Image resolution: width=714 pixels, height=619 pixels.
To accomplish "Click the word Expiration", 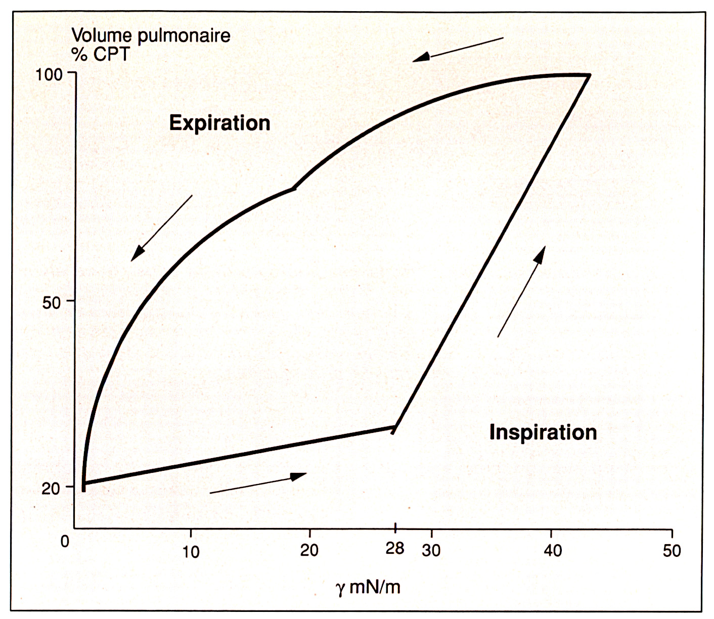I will (x=219, y=123).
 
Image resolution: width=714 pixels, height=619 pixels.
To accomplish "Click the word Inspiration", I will (x=543, y=432).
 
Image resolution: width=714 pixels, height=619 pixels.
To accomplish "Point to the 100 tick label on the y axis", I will (x=49, y=74).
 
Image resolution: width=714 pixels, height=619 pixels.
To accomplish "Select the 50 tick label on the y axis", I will (x=52, y=302).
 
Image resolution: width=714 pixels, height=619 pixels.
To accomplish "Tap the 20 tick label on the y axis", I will (x=51, y=489).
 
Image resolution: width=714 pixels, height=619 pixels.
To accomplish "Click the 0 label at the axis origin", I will (x=65, y=542).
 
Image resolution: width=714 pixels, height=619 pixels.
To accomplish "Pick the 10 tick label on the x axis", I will (x=191, y=551).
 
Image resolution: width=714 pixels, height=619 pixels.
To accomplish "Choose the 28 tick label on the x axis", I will (x=395, y=548).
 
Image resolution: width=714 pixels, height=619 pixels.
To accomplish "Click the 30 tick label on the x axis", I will (x=431, y=550).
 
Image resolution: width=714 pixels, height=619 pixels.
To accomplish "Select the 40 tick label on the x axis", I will (x=552, y=550).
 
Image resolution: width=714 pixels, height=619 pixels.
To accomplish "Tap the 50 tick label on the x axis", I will (x=672, y=550).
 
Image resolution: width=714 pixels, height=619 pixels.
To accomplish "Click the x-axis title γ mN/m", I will (x=368, y=587).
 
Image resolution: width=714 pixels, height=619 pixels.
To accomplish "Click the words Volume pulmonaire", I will (x=151, y=35).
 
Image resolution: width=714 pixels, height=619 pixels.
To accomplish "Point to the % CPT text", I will (x=101, y=54).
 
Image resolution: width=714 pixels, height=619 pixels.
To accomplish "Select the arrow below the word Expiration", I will (x=161, y=228).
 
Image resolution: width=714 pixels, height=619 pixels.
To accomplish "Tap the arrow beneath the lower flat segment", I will (x=258, y=483).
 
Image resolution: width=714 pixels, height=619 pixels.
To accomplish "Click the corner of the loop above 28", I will (x=394, y=428).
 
